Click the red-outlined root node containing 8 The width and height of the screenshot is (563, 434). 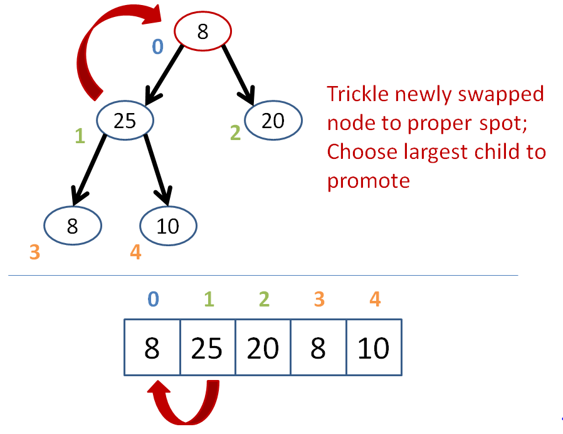(x=203, y=31)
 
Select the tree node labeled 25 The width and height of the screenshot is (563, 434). (x=125, y=120)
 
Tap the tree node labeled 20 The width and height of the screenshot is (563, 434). (x=273, y=120)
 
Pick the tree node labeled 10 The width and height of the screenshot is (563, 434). (x=168, y=226)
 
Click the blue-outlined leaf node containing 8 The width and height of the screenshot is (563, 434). (x=73, y=226)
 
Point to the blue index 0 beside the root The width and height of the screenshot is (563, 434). (x=157, y=46)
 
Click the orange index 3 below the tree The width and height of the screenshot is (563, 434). (x=34, y=252)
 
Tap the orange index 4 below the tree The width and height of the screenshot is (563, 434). (x=135, y=252)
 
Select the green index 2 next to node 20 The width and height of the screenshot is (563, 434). (x=235, y=133)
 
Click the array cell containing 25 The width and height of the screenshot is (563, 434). (x=208, y=347)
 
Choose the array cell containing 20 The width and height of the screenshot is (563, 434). (x=263, y=347)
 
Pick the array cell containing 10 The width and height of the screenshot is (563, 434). (x=374, y=347)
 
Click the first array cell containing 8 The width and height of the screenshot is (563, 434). (x=152, y=347)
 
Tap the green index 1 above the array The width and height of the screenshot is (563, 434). (x=209, y=299)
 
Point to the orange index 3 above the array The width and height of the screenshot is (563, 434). (x=319, y=299)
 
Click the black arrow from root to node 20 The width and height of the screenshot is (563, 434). (x=238, y=75)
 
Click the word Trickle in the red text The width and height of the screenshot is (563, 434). (x=357, y=94)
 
